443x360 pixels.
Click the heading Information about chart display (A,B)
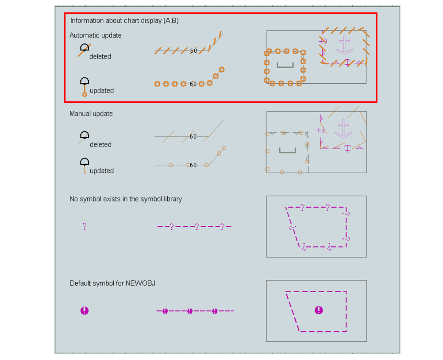click(x=124, y=21)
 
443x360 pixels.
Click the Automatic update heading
click(x=96, y=35)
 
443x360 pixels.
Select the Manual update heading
click(x=91, y=114)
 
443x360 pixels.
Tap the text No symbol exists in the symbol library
click(x=126, y=199)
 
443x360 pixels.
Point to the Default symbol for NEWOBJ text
click(x=112, y=283)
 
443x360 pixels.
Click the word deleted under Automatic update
click(x=100, y=57)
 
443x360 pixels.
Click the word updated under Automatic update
click(x=102, y=91)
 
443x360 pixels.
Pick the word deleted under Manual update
click(x=100, y=144)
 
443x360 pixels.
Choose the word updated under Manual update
click(x=102, y=170)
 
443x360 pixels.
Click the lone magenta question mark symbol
click(x=85, y=226)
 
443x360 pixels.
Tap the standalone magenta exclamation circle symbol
click(x=85, y=310)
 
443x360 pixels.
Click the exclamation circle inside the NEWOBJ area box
click(x=319, y=310)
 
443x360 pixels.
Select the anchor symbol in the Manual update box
click(x=343, y=128)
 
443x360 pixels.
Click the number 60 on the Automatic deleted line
click(x=193, y=51)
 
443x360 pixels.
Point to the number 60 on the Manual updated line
click(x=193, y=165)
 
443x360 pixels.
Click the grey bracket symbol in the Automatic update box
click(x=285, y=65)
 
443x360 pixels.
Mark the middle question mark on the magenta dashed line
click(x=197, y=226)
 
